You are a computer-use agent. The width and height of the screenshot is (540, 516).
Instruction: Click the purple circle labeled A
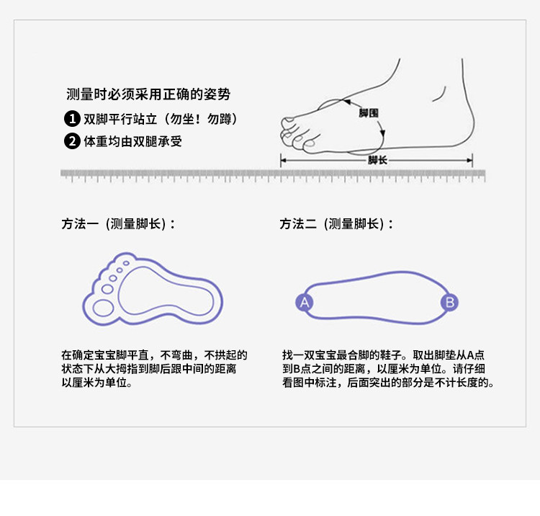pos(305,302)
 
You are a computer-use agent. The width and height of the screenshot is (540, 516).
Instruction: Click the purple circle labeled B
pos(449,302)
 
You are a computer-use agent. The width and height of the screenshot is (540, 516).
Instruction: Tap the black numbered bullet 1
pos(72,119)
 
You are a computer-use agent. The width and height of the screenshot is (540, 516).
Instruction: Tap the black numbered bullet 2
pos(72,141)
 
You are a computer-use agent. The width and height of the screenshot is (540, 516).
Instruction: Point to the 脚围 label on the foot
pos(368,112)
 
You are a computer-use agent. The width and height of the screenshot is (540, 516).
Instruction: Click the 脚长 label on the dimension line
pos(377,160)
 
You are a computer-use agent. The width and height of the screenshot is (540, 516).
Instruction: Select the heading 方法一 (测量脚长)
pos(118,224)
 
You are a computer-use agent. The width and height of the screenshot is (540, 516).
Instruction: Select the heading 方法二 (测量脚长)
pos(336,224)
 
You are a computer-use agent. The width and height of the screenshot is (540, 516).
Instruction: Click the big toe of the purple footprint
pos(103,308)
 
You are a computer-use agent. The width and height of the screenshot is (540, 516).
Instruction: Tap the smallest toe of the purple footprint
pos(127,263)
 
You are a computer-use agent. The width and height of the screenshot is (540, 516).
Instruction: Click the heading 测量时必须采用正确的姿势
pos(148,94)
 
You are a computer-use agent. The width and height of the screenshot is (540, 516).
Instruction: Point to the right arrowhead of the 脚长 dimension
pos(469,160)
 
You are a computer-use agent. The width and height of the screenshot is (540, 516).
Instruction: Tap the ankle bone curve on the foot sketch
pos(440,94)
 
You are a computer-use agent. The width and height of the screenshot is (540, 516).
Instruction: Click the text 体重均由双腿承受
pos(133,141)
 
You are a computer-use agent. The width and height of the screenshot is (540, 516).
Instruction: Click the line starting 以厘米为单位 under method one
pos(96,383)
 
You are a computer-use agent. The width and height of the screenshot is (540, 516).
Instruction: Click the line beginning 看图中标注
pos(389,383)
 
